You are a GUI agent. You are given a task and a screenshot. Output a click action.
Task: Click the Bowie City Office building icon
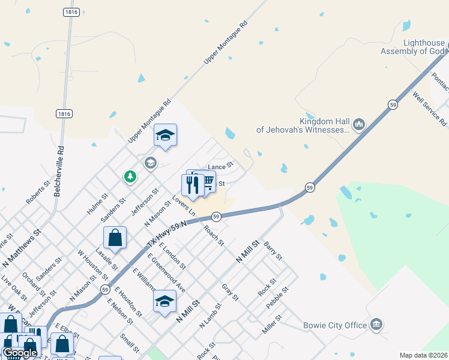376,325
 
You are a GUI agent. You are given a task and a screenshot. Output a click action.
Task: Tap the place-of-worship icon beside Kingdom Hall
359,125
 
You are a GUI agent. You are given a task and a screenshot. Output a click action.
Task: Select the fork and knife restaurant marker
193,185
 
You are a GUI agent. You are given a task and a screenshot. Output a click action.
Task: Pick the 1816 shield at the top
71,12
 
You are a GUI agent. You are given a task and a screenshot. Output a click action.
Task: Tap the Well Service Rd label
430,109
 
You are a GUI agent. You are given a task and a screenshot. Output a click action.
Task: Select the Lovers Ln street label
183,205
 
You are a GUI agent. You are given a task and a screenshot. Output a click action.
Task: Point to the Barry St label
273,250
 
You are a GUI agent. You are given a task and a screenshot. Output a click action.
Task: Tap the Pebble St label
277,297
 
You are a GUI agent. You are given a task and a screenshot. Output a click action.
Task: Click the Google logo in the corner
20,353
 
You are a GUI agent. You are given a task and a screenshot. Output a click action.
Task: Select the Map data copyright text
423,355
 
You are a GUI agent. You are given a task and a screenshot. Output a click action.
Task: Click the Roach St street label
214,235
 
